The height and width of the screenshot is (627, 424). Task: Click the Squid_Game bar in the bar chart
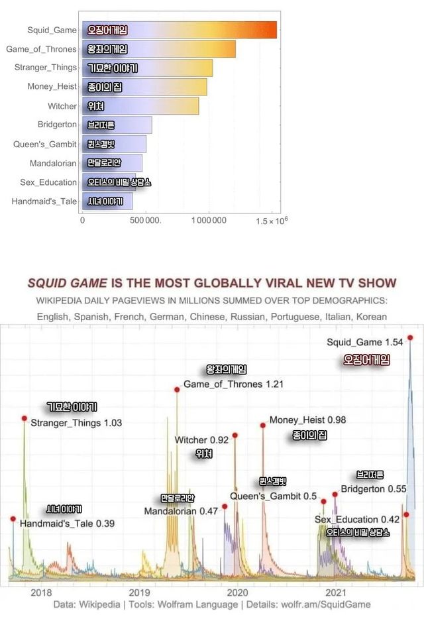[x=180, y=30]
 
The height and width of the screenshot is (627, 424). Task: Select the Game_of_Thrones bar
[x=159, y=49]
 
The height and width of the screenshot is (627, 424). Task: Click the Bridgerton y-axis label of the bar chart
[x=57, y=125]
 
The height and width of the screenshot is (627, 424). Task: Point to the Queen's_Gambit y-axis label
[x=45, y=144]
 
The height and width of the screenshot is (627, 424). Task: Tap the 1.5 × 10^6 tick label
[x=272, y=220]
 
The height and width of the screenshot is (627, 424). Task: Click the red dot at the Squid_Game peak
[x=411, y=337]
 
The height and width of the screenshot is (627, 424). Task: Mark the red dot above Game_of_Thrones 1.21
[x=177, y=390]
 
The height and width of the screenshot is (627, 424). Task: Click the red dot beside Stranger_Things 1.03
[x=25, y=418]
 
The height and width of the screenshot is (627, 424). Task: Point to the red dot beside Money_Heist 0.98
[x=263, y=426]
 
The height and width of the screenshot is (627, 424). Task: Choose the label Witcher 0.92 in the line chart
[x=201, y=440]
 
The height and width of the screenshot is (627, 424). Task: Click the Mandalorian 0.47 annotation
[x=181, y=511]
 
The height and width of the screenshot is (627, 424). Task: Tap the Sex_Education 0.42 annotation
[x=357, y=520]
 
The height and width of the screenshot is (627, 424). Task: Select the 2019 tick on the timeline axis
[x=139, y=592]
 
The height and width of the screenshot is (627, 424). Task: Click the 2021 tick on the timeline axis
[x=336, y=592]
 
